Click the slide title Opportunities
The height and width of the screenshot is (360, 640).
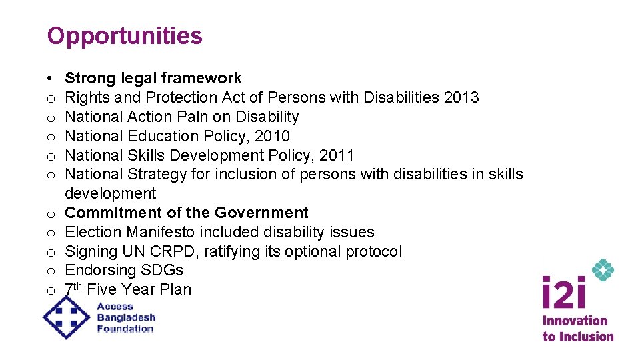[125, 36]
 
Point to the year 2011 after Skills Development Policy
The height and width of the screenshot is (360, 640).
[336, 155]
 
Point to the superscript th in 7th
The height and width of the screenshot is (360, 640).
[78, 285]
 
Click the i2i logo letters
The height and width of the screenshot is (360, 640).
[563, 293]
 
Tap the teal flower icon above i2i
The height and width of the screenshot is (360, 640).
[603, 270]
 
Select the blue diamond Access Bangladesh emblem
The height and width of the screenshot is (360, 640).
[66, 317]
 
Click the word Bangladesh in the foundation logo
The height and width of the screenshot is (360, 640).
[126, 318]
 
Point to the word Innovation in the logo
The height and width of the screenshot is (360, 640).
[575, 321]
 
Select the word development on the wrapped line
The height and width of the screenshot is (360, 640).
[111, 193]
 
